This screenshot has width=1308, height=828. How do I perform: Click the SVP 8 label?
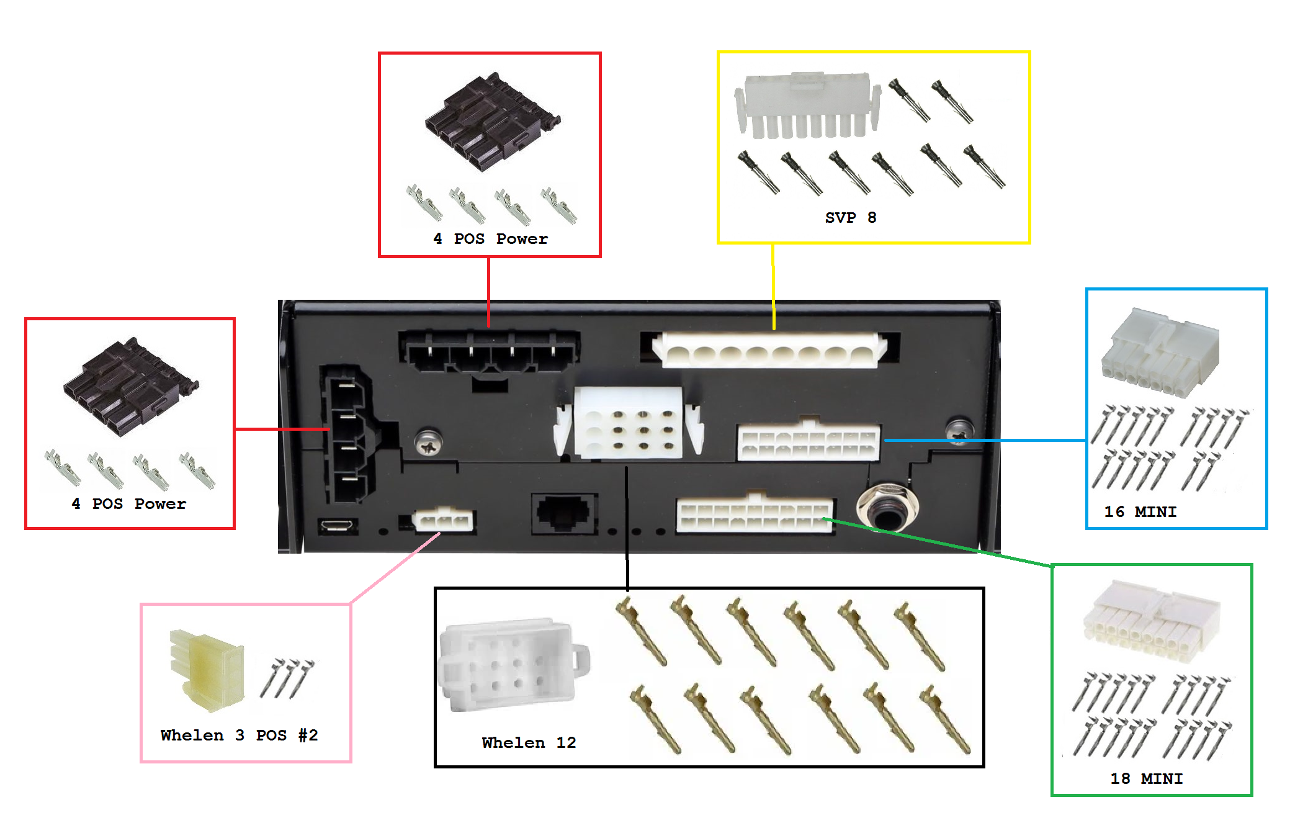[850, 218]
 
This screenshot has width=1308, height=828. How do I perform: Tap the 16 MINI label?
[1140, 512]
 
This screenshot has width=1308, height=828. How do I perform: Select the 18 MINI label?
[1146, 779]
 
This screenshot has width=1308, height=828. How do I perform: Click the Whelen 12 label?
[529, 743]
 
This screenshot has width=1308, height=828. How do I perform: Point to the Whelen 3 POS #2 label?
[239, 736]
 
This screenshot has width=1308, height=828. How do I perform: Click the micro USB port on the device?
[338, 526]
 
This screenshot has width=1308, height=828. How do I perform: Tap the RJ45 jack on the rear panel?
[563, 513]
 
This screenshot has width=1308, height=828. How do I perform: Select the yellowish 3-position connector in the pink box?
[207, 670]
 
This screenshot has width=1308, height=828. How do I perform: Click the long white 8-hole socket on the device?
[769, 351]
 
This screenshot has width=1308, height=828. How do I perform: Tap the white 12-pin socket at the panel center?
[629, 423]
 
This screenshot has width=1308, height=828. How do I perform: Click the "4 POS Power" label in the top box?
[490, 239]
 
